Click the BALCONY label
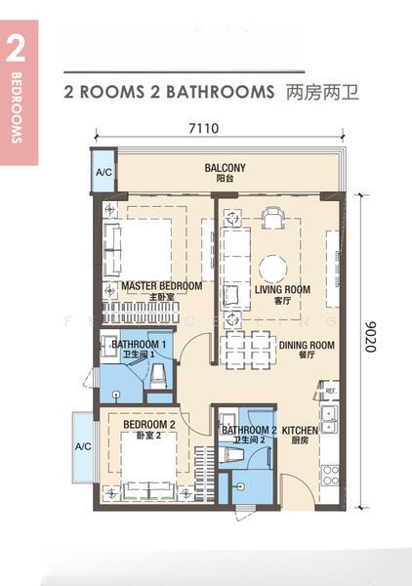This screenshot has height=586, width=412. (x=226, y=168)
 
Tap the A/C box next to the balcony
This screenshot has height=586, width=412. (x=103, y=172)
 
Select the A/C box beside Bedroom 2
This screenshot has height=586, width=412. (x=83, y=447)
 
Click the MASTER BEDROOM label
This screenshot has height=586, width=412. (x=161, y=286)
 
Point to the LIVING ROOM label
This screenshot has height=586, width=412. (x=282, y=290)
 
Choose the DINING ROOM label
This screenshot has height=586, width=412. (x=307, y=345)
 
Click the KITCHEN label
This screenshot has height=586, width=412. (x=301, y=430)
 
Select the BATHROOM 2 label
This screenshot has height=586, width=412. (x=249, y=430)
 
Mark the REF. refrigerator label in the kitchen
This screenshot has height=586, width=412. (x=330, y=392)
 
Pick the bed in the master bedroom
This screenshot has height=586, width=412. (x=144, y=243)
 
